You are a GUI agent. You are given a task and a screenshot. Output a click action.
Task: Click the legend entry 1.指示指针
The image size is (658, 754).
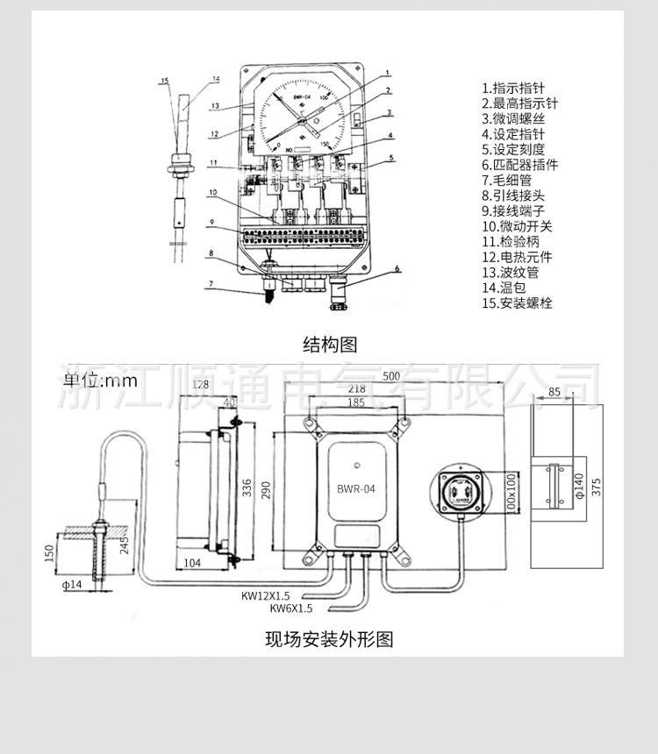[x=513, y=88]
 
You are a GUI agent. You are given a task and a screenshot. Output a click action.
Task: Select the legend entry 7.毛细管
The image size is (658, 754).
[x=507, y=180]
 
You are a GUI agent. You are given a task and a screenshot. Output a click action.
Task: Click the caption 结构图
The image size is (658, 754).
[x=330, y=344]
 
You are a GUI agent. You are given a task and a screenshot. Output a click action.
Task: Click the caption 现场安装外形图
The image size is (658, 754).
[x=329, y=638]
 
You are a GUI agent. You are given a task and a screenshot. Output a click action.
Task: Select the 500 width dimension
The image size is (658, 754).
[x=390, y=376]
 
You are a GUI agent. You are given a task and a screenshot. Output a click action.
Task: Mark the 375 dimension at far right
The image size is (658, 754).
[x=597, y=487]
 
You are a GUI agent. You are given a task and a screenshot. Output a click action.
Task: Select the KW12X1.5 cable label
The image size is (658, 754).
[x=266, y=595]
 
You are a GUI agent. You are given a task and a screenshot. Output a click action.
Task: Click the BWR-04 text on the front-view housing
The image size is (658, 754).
[x=355, y=491]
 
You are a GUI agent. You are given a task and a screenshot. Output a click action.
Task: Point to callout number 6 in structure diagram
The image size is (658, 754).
[x=397, y=269]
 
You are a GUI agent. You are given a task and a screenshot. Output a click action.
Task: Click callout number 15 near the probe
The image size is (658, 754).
[x=164, y=80]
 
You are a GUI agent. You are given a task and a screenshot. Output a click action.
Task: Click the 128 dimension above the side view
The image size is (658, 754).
[x=199, y=385]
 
